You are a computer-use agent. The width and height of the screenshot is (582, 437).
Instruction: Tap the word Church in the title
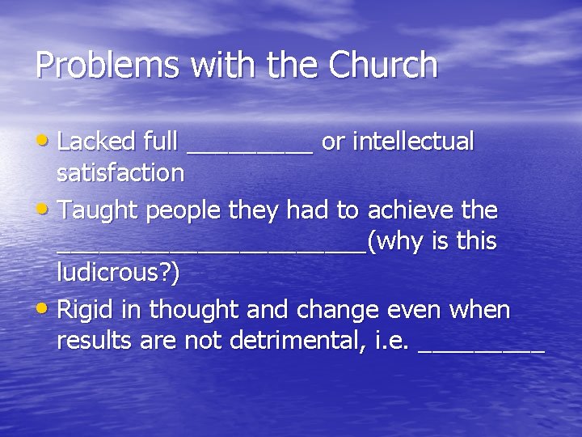click(382, 65)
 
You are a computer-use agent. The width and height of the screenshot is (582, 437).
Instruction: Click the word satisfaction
click(120, 173)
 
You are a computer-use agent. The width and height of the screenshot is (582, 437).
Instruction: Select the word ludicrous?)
click(118, 273)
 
